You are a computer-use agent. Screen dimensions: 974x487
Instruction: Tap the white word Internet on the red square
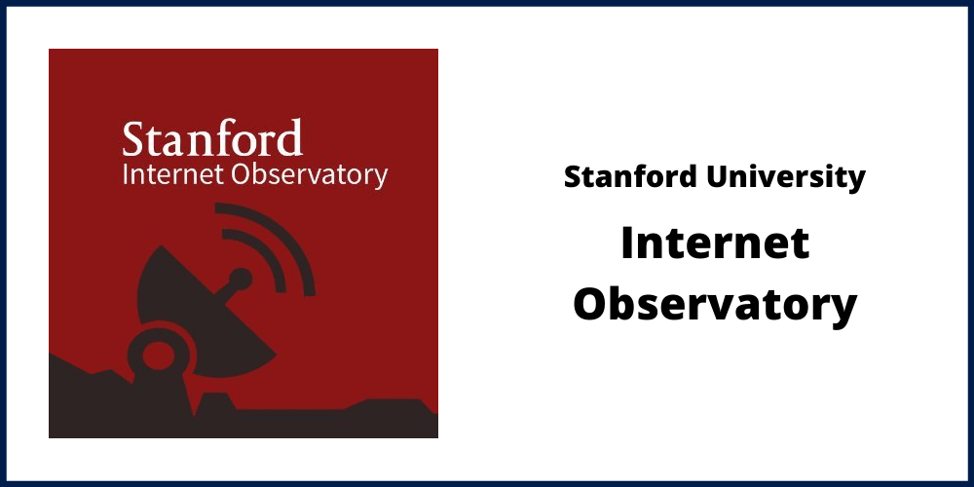[x=174, y=174]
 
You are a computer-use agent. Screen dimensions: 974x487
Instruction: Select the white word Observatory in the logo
[x=310, y=176]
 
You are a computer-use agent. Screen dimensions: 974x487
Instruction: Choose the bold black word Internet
[x=715, y=243]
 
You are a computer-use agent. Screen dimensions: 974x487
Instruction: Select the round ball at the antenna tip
[x=241, y=280]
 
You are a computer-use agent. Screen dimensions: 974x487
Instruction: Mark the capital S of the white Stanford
[x=135, y=138]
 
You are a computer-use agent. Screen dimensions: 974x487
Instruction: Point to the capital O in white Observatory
[x=242, y=174]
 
